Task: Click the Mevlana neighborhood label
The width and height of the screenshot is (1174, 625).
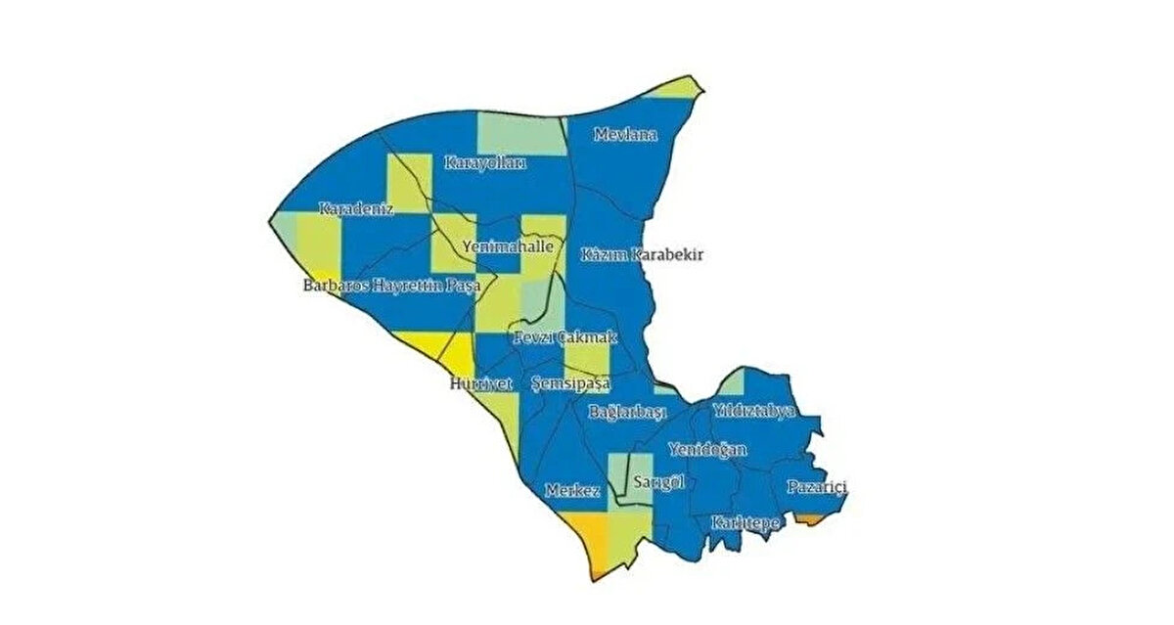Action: (625, 135)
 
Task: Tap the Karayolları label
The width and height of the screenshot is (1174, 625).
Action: (484, 162)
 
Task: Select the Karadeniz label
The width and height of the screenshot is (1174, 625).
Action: (355, 208)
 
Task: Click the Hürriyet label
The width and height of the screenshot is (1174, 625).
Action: (474, 383)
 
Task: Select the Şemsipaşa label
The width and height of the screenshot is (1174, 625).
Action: (569, 383)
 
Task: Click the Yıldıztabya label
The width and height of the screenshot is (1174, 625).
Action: (753, 411)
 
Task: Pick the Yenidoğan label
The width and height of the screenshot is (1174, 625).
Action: (707, 450)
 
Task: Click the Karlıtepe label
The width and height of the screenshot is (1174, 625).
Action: (745, 522)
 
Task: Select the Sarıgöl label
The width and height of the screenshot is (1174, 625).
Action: (656, 482)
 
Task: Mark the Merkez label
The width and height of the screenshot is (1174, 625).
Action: (572, 491)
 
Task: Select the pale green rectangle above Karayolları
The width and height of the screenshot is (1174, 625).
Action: (520, 134)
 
